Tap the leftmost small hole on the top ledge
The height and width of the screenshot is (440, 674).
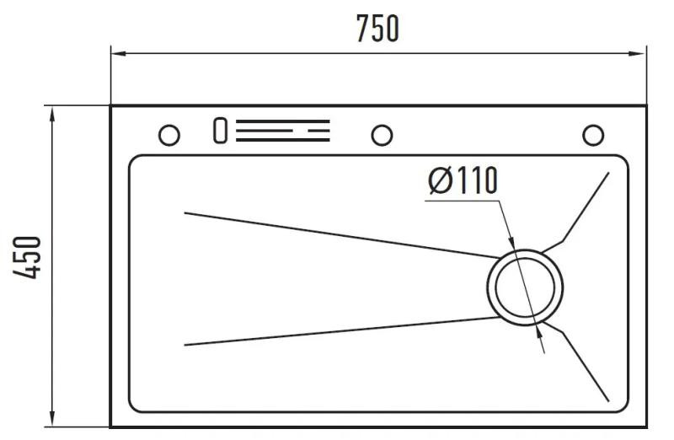click(x=168, y=134)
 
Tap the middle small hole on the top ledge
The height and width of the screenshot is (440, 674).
click(x=382, y=134)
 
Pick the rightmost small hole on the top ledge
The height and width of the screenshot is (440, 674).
click(x=593, y=134)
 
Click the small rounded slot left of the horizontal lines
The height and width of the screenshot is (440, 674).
click(x=221, y=131)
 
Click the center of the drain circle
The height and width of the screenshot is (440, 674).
click(x=524, y=287)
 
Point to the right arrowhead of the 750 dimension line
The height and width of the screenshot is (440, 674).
click(x=642, y=55)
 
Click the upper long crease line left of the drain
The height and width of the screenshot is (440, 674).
click(x=337, y=234)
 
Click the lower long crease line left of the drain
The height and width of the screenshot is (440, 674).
click(x=337, y=331)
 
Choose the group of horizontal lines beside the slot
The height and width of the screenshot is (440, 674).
click(x=282, y=131)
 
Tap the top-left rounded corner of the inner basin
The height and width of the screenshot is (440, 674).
click(x=135, y=161)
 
